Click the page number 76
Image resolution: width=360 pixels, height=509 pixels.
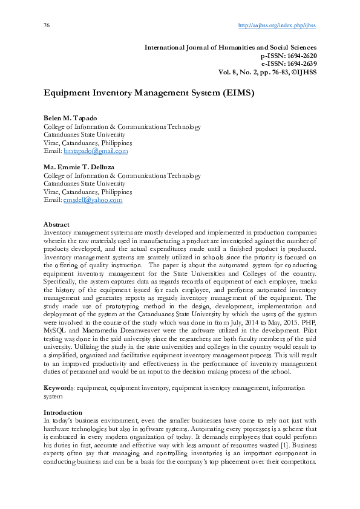coord(47,25)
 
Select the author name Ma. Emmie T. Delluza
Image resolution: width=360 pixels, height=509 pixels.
coord(80,167)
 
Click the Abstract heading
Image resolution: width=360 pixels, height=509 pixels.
coord(57,224)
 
